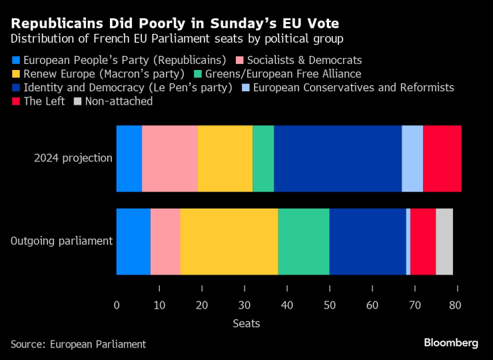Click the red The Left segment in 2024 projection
tap(442, 158)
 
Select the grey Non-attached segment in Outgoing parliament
tap(444, 241)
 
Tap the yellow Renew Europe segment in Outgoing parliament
tap(229, 241)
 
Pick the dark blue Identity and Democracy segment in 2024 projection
tap(338, 158)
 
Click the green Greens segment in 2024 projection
tap(263, 158)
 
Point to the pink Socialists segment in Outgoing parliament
tap(165, 241)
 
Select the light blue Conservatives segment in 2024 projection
tap(412, 158)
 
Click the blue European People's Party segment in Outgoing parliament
tap(133, 241)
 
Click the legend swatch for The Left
tap(16, 102)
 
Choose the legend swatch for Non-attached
tap(78, 102)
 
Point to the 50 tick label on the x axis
tap(330, 305)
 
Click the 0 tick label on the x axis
tap(117, 305)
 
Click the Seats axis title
tap(246, 323)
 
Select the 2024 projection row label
tap(73, 158)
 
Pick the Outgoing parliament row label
tap(61, 241)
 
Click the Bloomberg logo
tap(451, 343)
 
